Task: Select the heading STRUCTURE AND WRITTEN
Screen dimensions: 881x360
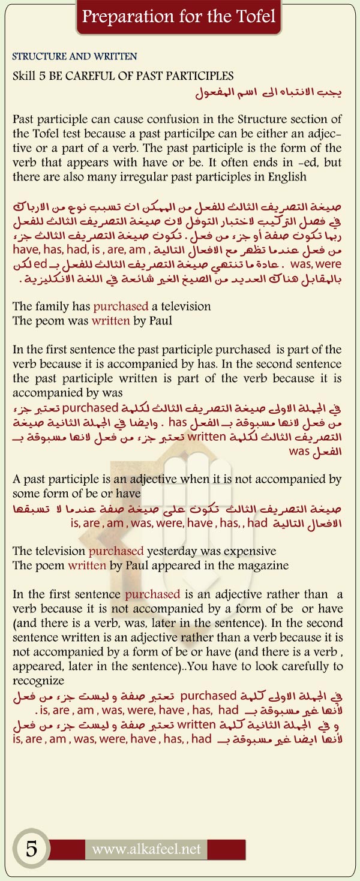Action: tap(75, 57)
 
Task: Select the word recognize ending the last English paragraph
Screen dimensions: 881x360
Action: tap(39, 681)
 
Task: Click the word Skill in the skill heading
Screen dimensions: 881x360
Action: tap(25, 76)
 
